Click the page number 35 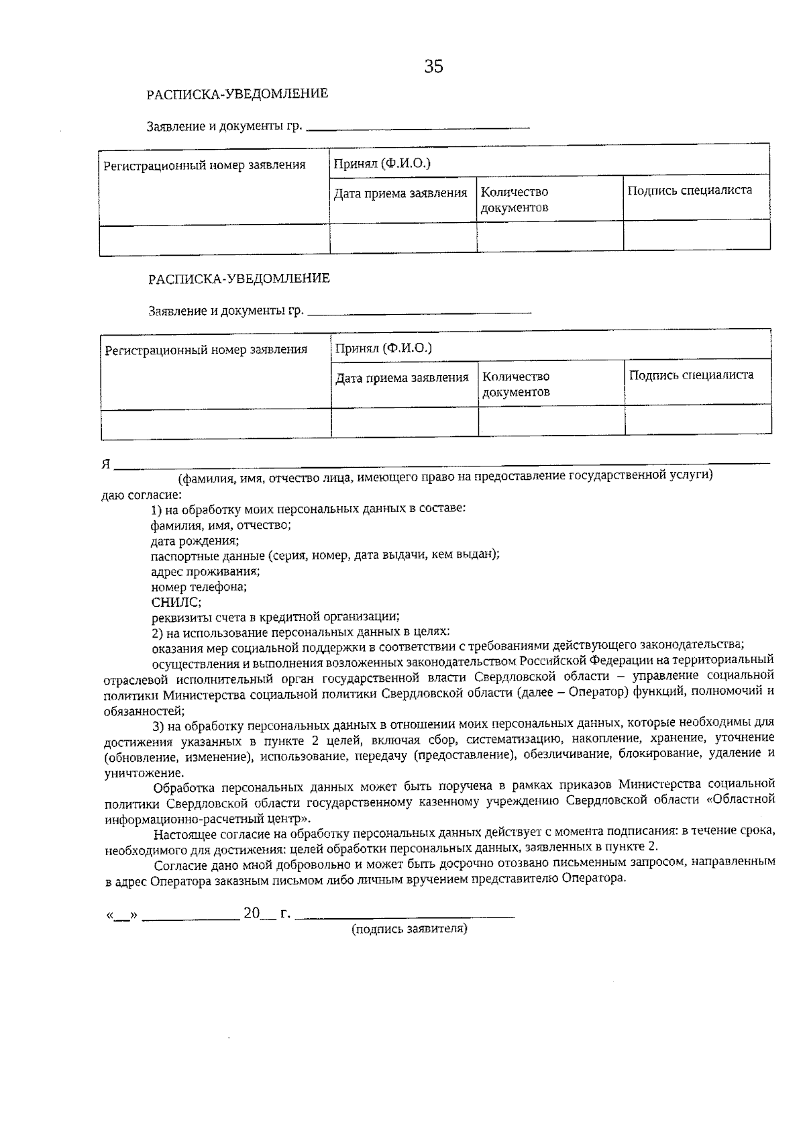coord(433,66)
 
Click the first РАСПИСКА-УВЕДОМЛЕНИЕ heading coord(237,94)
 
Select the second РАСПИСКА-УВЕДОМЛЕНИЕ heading coord(239,279)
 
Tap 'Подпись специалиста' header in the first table coord(690,191)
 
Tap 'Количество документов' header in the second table coord(516,385)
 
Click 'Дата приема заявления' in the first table coord(400,194)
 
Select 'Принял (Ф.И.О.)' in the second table coord(383,348)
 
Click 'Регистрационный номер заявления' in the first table coord(204,165)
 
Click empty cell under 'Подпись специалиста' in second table coord(698,420)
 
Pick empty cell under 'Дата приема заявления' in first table coord(402,238)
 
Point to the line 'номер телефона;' coord(199,587)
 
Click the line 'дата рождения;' coord(195,540)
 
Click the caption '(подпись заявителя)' coord(409,929)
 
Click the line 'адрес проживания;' coord(205,572)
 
